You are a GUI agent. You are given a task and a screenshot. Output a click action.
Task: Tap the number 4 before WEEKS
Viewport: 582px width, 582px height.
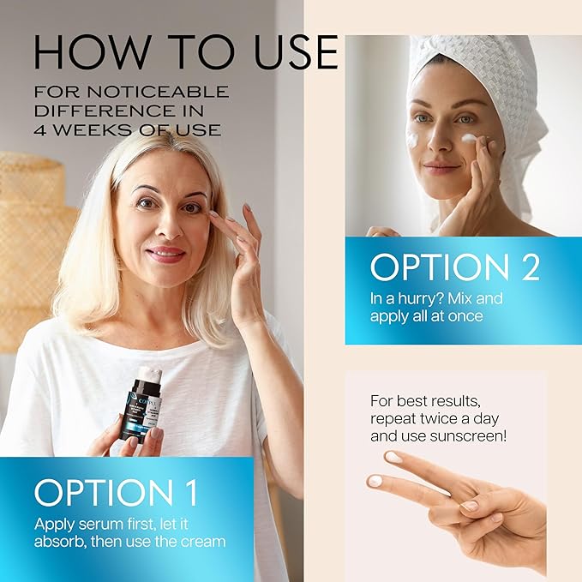[42, 130]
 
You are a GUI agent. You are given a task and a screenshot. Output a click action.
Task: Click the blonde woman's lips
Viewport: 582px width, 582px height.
[165, 255]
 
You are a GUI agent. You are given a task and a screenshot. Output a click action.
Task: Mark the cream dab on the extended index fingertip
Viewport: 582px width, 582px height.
[375, 482]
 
